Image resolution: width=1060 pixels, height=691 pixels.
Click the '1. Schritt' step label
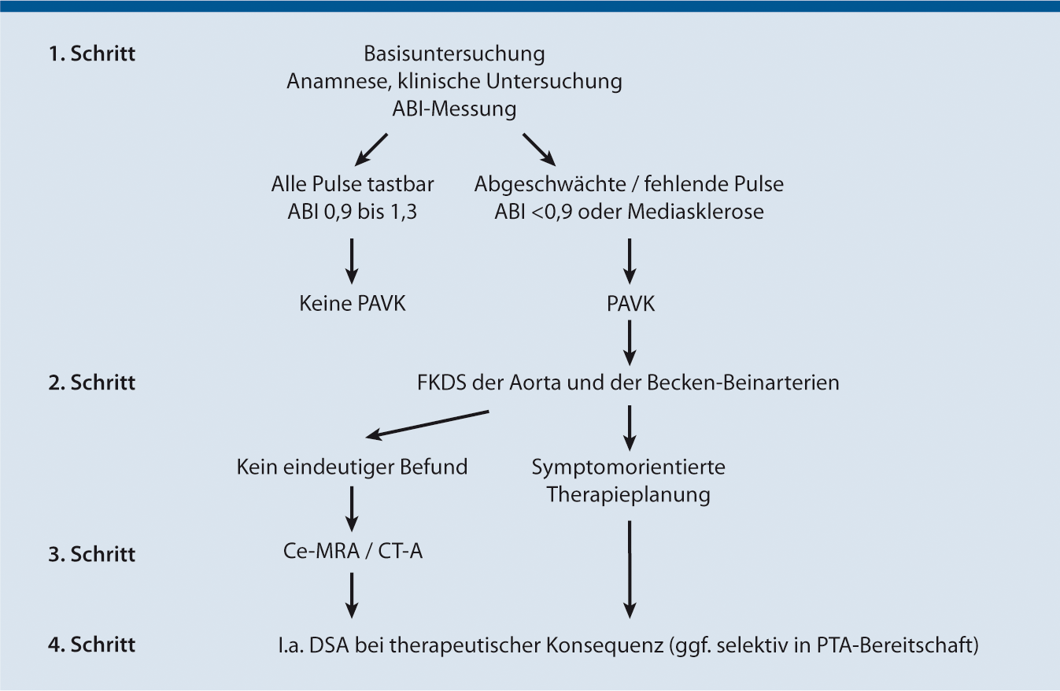(x=92, y=55)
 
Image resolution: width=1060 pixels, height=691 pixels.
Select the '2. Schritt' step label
(x=92, y=383)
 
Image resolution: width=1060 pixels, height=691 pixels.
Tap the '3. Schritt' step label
(x=92, y=554)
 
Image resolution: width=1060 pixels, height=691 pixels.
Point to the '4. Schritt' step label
(x=92, y=645)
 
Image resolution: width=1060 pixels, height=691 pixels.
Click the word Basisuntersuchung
(x=454, y=55)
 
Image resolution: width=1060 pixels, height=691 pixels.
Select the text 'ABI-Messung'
(x=454, y=109)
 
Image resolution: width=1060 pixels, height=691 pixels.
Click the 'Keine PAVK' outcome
(x=353, y=304)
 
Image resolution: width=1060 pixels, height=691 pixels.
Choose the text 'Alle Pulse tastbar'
(x=353, y=185)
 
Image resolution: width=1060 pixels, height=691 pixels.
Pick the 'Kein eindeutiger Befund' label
(x=353, y=467)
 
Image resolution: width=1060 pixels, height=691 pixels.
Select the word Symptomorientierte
(x=628, y=467)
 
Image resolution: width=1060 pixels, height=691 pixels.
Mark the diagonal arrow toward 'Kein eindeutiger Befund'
(x=429, y=423)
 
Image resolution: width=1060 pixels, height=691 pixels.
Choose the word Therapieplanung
(x=628, y=495)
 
